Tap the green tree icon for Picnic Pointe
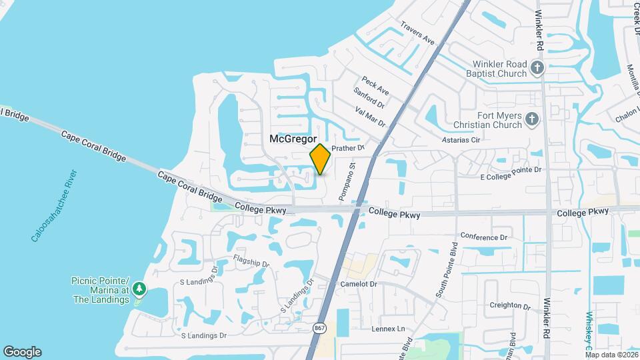coord(139,289)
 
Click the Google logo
coord(22,351)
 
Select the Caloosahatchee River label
coord(55,205)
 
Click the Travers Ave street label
coord(417,33)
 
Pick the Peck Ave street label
coord(375,85)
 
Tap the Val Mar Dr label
coord(371,117)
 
